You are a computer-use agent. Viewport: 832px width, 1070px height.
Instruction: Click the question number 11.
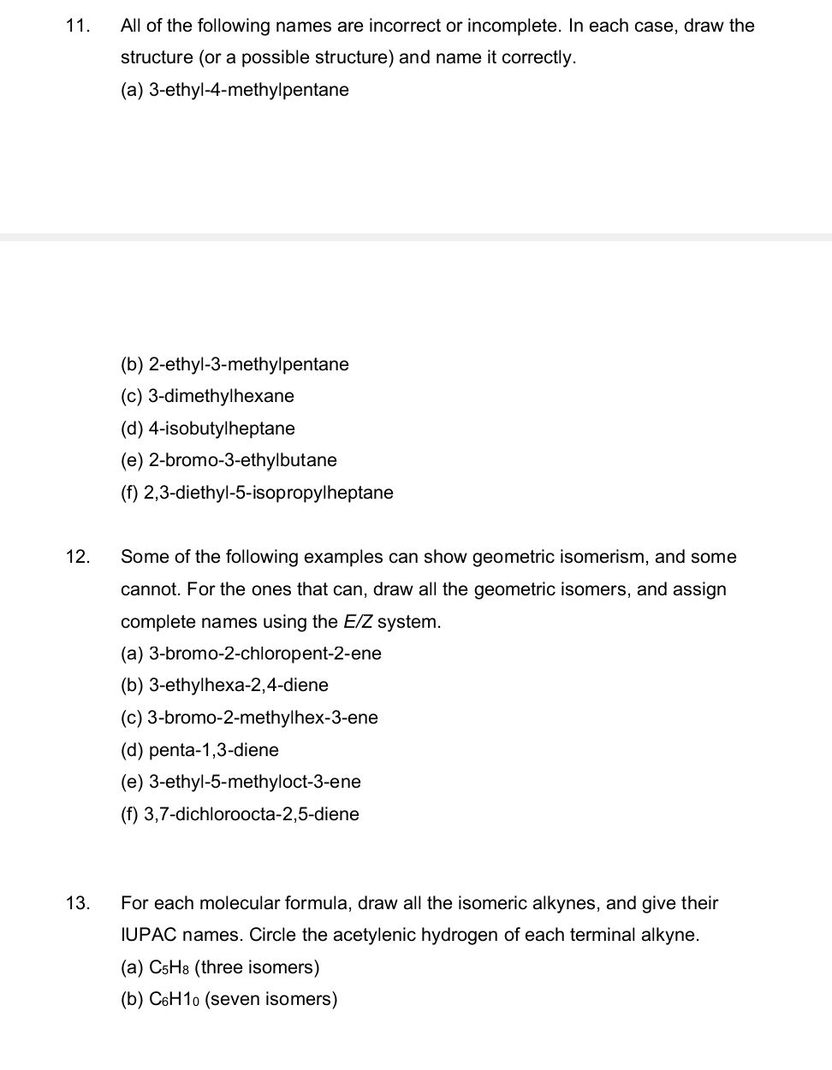click(x=76, y=26)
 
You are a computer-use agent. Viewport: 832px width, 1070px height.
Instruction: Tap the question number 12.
click(x=76, y=558)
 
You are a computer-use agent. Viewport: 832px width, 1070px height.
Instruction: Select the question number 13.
click(x=76, y=903)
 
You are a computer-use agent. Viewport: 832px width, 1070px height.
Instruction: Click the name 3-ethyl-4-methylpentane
click(x=248, y=90)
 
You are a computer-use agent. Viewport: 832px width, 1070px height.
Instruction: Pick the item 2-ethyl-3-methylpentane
click(x=248, y=364)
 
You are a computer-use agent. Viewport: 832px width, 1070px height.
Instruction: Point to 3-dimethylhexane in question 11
click(x=221, y=396)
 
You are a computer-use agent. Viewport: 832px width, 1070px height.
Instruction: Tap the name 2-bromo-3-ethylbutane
click(x=242, y=460)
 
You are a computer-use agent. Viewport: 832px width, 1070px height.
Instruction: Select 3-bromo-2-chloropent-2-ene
click(x=264, y=653)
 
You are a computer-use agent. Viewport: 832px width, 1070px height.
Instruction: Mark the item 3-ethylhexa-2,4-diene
click(x=238, y=685)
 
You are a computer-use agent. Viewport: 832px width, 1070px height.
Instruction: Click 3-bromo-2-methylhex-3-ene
click(x=263, y=718)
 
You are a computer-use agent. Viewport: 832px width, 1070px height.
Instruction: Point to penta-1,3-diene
click(x=213, y=750)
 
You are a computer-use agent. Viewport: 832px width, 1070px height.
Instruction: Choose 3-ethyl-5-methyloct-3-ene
click(x=254, y=782)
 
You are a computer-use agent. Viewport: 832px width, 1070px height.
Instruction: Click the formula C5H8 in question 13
click(x=169, y=967)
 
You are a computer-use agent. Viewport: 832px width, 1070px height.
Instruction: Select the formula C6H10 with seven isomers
click(x=174, y=999)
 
